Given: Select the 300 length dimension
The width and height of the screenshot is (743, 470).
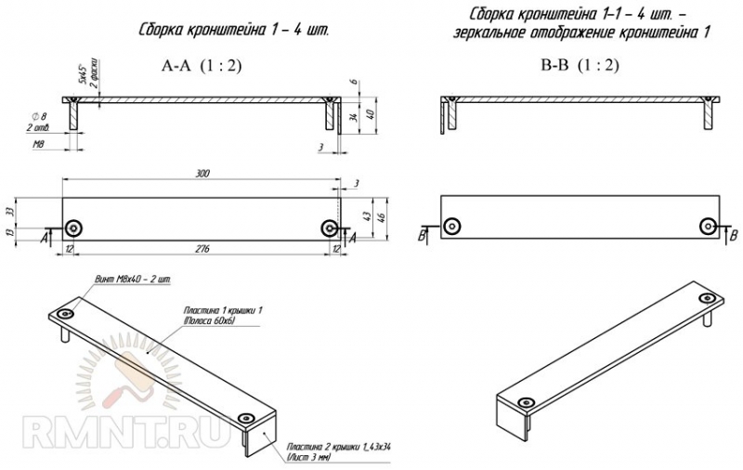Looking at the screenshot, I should (x=203, y=174).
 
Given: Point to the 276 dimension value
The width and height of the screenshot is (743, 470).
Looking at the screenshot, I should (x=202, y=249).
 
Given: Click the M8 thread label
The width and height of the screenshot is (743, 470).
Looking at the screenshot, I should (x=40, y=145).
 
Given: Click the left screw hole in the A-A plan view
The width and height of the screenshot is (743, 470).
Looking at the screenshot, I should (x=73, y=228).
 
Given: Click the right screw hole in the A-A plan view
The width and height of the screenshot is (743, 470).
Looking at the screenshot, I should (x=329, y=228).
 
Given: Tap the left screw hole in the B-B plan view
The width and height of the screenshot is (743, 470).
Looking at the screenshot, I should (x=451, y=227).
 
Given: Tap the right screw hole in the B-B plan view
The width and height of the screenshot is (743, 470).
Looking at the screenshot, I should (x=708, y=227).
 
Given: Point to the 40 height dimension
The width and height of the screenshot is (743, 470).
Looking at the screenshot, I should (x=371, y=114).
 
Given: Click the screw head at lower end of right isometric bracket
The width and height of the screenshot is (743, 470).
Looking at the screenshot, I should (x=527, y=402).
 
